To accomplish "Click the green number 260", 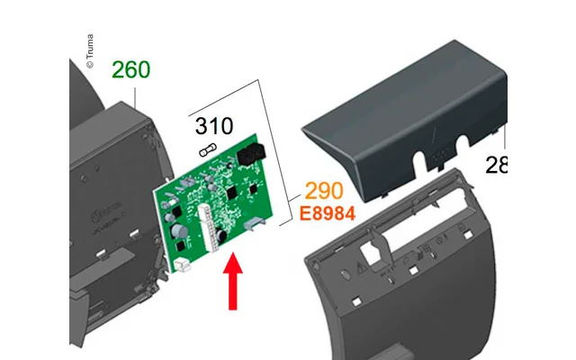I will click(130, 69).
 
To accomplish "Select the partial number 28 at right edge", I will click(497, 165).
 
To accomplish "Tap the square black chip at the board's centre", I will click(232, 194).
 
